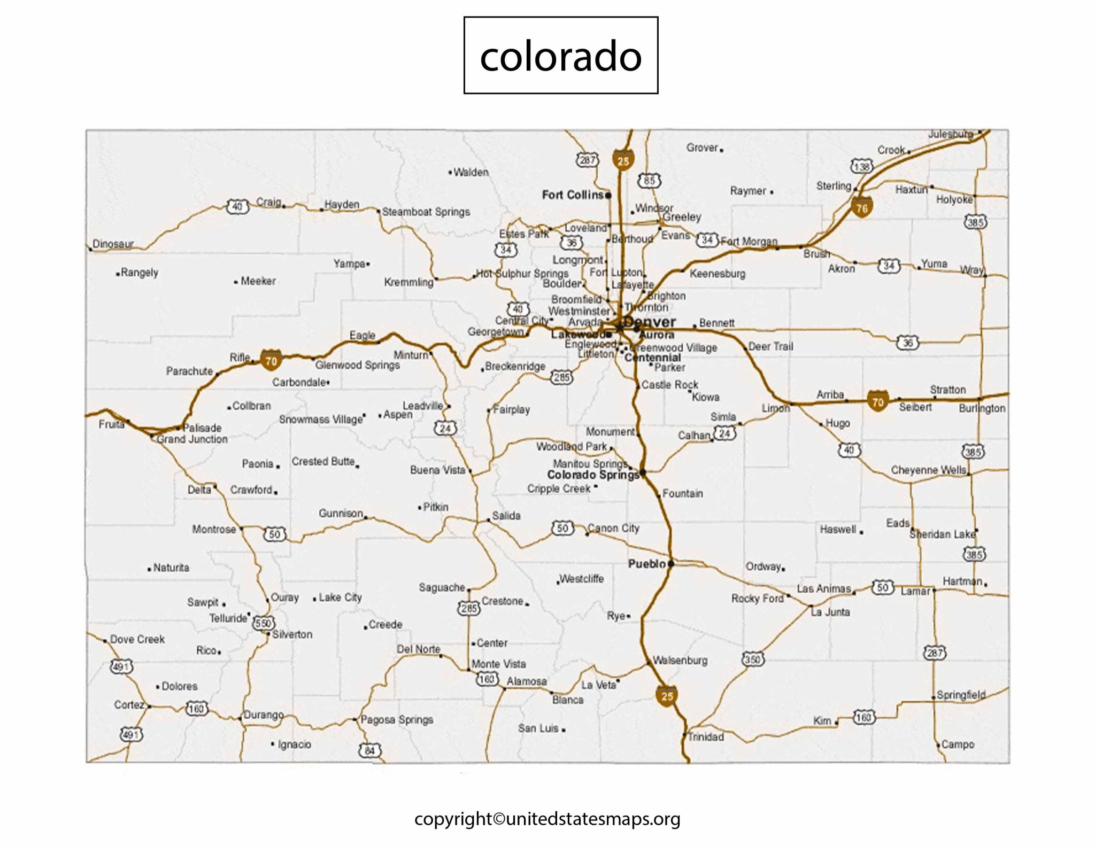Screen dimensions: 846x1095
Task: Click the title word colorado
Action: point(560,56)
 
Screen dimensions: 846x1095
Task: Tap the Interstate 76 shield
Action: point(862,207)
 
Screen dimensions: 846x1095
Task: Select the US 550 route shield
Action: point(264,623)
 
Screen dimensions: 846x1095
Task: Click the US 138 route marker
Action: point(861,167)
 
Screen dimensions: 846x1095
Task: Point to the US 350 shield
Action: point(752,659)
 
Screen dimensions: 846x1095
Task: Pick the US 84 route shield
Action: point(370,750)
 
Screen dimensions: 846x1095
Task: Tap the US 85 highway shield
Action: point(649,181)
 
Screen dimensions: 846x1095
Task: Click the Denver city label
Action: point(650,322)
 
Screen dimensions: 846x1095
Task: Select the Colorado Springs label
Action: point(593,475)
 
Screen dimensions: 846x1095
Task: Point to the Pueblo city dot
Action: point(671,563)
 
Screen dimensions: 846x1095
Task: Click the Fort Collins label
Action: point(573,195)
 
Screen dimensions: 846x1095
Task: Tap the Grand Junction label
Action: point(192,439)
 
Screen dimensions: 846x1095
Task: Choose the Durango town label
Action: point(264,715)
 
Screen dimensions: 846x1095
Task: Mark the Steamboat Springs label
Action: point(426,212)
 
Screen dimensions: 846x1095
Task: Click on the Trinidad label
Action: point(706,737)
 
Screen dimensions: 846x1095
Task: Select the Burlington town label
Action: point(982,408)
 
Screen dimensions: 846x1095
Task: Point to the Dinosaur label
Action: point(113,244)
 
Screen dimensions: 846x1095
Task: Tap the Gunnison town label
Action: point(341,513)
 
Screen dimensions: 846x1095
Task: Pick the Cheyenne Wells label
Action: point(928,470)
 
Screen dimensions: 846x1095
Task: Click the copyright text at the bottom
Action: point(547,819)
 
